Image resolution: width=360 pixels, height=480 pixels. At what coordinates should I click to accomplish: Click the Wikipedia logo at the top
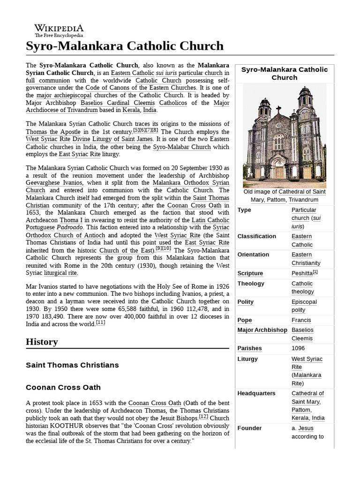tap(59, 30)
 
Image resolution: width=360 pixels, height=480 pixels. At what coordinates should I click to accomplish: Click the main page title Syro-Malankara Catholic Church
tap(125, 46)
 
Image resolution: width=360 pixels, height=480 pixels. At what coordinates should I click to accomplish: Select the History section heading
tap(42, 342)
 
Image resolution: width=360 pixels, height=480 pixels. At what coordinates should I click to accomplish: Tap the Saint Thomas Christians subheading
tap(72, 365)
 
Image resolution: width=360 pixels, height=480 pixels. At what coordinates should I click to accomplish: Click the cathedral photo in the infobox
tap(284, 136)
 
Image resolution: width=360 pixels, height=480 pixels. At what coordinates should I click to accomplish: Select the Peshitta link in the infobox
tap(302, 273)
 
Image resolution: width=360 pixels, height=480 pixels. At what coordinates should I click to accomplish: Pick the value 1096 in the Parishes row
tap(298, 348)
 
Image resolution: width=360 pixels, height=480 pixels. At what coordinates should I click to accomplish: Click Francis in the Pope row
tap(301, 320)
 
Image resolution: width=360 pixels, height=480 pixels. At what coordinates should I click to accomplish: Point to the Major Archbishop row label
tap(262, 330)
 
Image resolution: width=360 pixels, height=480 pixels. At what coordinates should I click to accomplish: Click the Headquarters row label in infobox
tap(256, 393)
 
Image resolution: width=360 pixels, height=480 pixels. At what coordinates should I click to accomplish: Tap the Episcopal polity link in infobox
tap(304, 306)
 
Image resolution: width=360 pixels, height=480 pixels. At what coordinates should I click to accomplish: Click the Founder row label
tap(249, 428)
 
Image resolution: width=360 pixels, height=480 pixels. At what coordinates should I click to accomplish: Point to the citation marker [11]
tap(100, 322)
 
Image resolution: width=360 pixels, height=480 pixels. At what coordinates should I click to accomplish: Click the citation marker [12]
tap(203, 417)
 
